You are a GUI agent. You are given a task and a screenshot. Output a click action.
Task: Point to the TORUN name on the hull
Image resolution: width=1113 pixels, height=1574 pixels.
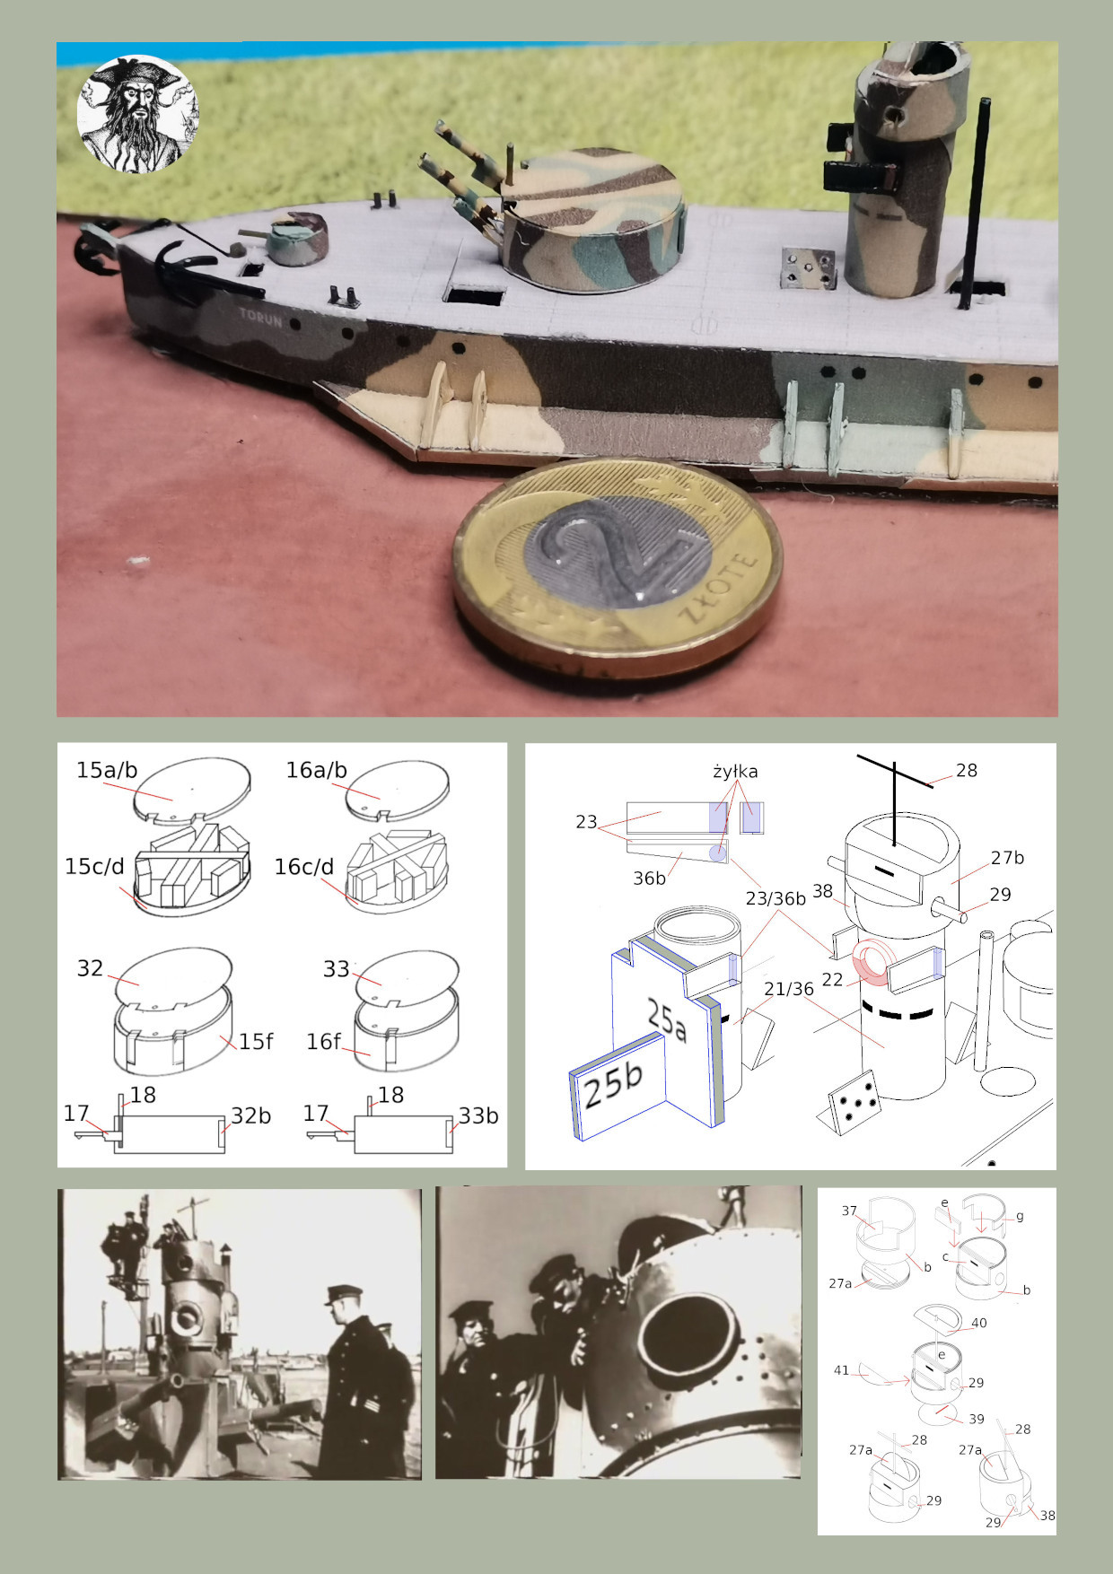pyautogui.click(x=259, y=318)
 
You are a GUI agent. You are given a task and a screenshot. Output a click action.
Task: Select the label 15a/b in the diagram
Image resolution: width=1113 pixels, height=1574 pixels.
pyautogui.click(x=107, y=770)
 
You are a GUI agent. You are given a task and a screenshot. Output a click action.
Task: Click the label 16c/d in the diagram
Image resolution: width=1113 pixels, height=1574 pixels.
pyautogui.click(x=303, y=867)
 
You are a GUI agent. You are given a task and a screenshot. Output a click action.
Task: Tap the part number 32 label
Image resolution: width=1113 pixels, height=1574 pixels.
pyautogui.click(x=90, y=968)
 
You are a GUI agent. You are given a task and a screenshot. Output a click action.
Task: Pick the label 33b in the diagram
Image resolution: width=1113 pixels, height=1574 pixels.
pyautogui.click(x=478, y=1115)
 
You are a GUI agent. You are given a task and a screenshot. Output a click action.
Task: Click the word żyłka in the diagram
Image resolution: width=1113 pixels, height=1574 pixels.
pyautogui.click(x=735, y=771)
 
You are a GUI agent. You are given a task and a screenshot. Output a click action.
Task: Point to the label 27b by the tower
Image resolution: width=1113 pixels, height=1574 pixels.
pyautogui.click(x=1007, y=858)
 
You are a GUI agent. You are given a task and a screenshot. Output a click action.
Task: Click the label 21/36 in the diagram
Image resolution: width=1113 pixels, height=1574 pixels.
pyautogui.click(x=788, y=989)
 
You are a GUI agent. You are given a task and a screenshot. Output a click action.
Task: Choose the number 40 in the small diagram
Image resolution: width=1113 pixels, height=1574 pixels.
pyautogui.click(x=978, y=1323)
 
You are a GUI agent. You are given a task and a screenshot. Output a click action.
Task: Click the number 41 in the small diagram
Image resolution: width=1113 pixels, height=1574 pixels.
pyautogui.click(x=841, y=1370)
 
